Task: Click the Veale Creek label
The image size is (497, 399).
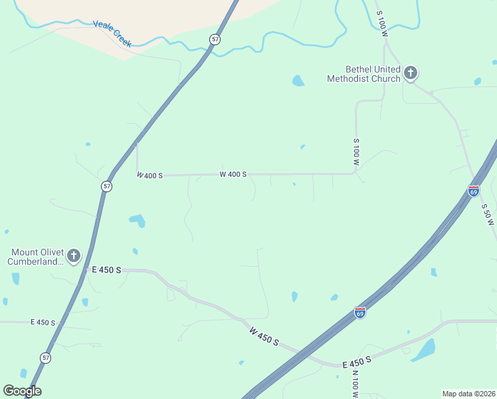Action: (x=112, y=34)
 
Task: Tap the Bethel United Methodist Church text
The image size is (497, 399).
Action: (x=363, y=74)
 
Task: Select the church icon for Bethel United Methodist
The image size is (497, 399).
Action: (x=411, y=72)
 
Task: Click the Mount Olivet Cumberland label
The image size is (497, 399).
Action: (x=37, y=257)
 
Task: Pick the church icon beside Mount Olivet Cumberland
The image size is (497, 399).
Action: (x=74, y=255)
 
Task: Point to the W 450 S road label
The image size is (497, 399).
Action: (x=264, y=336)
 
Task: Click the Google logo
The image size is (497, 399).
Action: (x=22, y=391)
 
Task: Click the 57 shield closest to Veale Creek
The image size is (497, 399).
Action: (x=214, y=39)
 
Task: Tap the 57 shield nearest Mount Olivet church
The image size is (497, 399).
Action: (x=107, y=186)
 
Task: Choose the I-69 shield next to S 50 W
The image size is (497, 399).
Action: (x=473, y=191)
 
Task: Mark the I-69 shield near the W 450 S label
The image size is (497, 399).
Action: (x=359, y=313)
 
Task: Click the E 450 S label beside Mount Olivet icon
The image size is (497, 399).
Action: (x=106, y=270)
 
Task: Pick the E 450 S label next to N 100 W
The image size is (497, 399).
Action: (x=357, y=363)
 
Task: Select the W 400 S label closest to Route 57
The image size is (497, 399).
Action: (x=149, y=175)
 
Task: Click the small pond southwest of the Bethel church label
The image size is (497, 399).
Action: (x=298, y=81)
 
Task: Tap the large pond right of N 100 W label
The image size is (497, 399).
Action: (x=424, y=350)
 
